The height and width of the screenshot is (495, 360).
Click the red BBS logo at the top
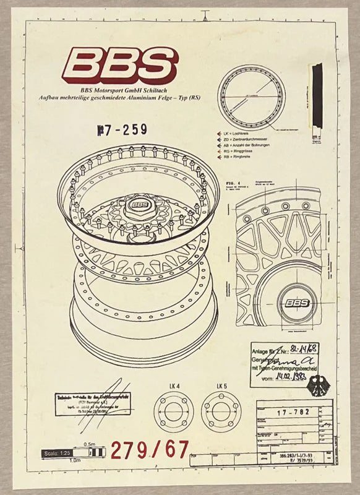119,66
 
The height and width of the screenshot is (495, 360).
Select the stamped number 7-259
121,130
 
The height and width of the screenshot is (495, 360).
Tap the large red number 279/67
150,449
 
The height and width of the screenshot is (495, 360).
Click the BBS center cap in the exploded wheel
139,205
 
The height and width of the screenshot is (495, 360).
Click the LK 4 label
174,386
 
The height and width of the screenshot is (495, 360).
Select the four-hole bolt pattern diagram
174,412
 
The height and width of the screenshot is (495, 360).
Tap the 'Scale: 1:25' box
57,453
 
